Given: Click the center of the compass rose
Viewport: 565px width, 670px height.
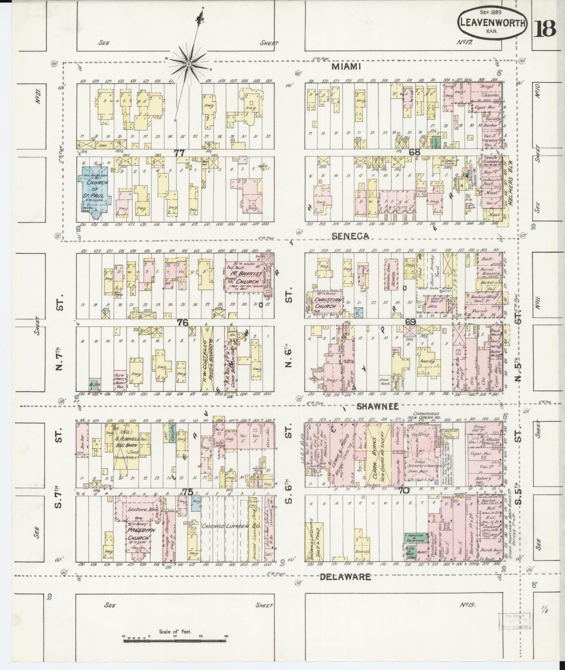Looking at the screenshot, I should tap(188, 64).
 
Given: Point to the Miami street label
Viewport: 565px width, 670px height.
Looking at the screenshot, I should tap(346, 67).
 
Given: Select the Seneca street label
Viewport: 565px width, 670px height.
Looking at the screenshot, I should tap(351, 236).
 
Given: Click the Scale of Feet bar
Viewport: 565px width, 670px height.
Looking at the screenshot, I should tap(174, 650).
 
